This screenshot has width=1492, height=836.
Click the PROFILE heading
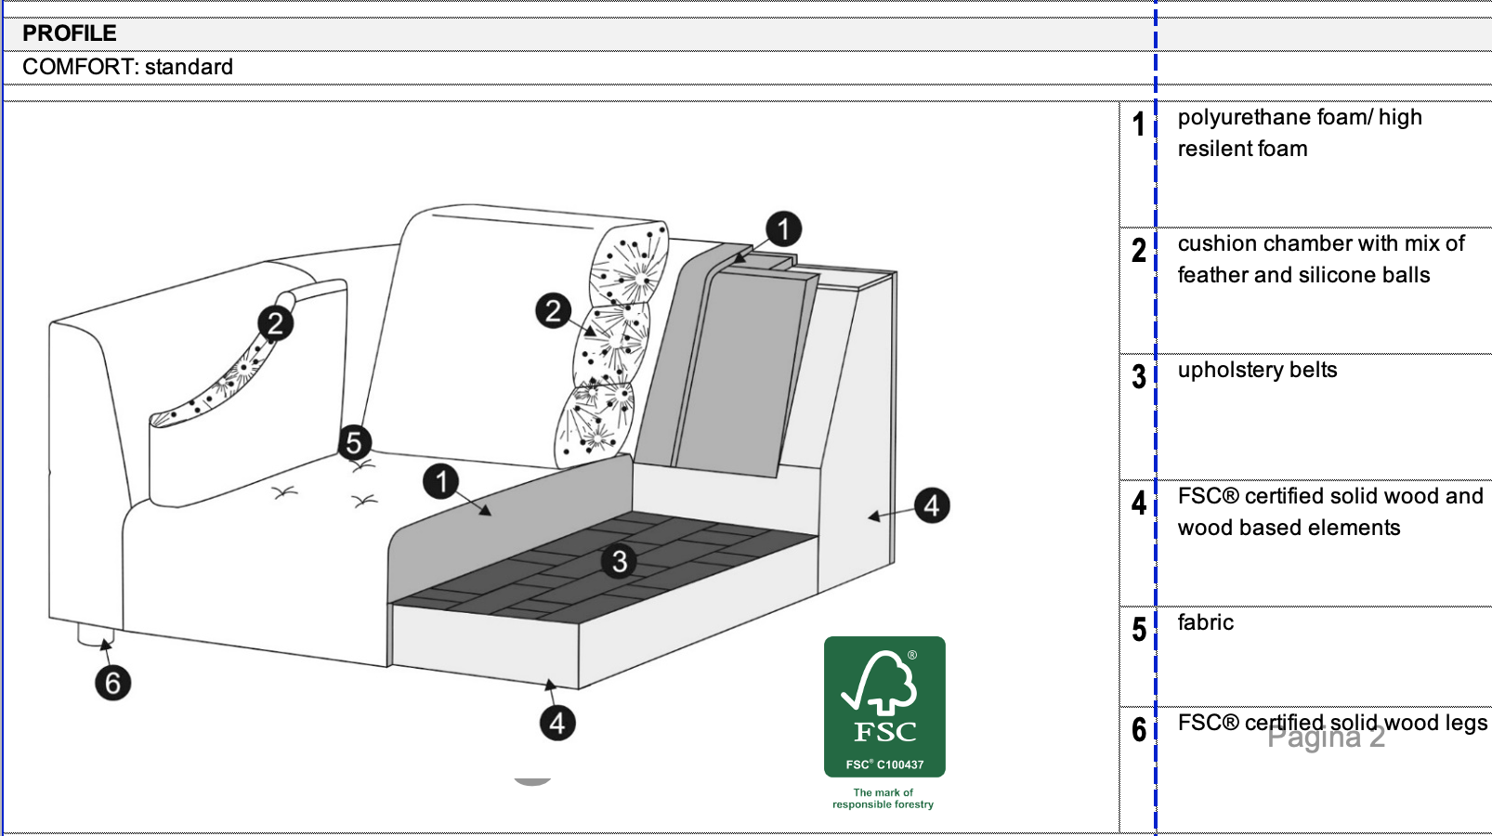pyautogui.click(x=70, y=33)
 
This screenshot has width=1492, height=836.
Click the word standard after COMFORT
pyautogui.click(x=190, y=67)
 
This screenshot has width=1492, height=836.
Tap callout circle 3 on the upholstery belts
pyautogui.click(x=619, y=560)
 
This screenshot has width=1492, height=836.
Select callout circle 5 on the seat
pyautogui.click(x=354, y=443)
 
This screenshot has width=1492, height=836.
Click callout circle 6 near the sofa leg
pyautogui.click(x=112, y=683)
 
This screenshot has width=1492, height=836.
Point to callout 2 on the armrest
pyautogui.click(x=275, y=324)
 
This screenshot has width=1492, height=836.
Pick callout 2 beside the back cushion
pyautogui.click(x=553, y=311)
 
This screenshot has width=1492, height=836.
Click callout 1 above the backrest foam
pyautogui.click(x=783, y=229)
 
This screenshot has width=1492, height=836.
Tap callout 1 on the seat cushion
pyautogui.click(x=441, y=481)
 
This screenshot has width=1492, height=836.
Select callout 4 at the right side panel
pyautogui.click(x=931, y=505)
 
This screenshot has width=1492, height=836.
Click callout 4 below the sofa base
pyautogui.click(x=556, y=724)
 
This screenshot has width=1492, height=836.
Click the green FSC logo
pyautogui.click(x=884, y=707)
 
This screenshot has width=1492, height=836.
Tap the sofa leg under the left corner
pyautogui.click(x=96, y=634)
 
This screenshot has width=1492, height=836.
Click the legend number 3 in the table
pyautogui.click(x=1139, y=377)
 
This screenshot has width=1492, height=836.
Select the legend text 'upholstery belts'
pyautogui.click(x=1257, y=371)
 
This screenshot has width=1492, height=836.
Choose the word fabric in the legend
pyautogui.click(x=1206, y=622)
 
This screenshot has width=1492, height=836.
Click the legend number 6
pyautogui.click(x=1139, y=730)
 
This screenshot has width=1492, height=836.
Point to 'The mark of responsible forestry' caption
pyautogui.click(x=883, y=799)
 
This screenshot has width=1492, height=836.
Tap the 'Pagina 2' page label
pyautogui.click(x=1326, y=737)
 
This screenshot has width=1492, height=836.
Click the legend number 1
pyautogui.click(x=1139, y=124)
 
